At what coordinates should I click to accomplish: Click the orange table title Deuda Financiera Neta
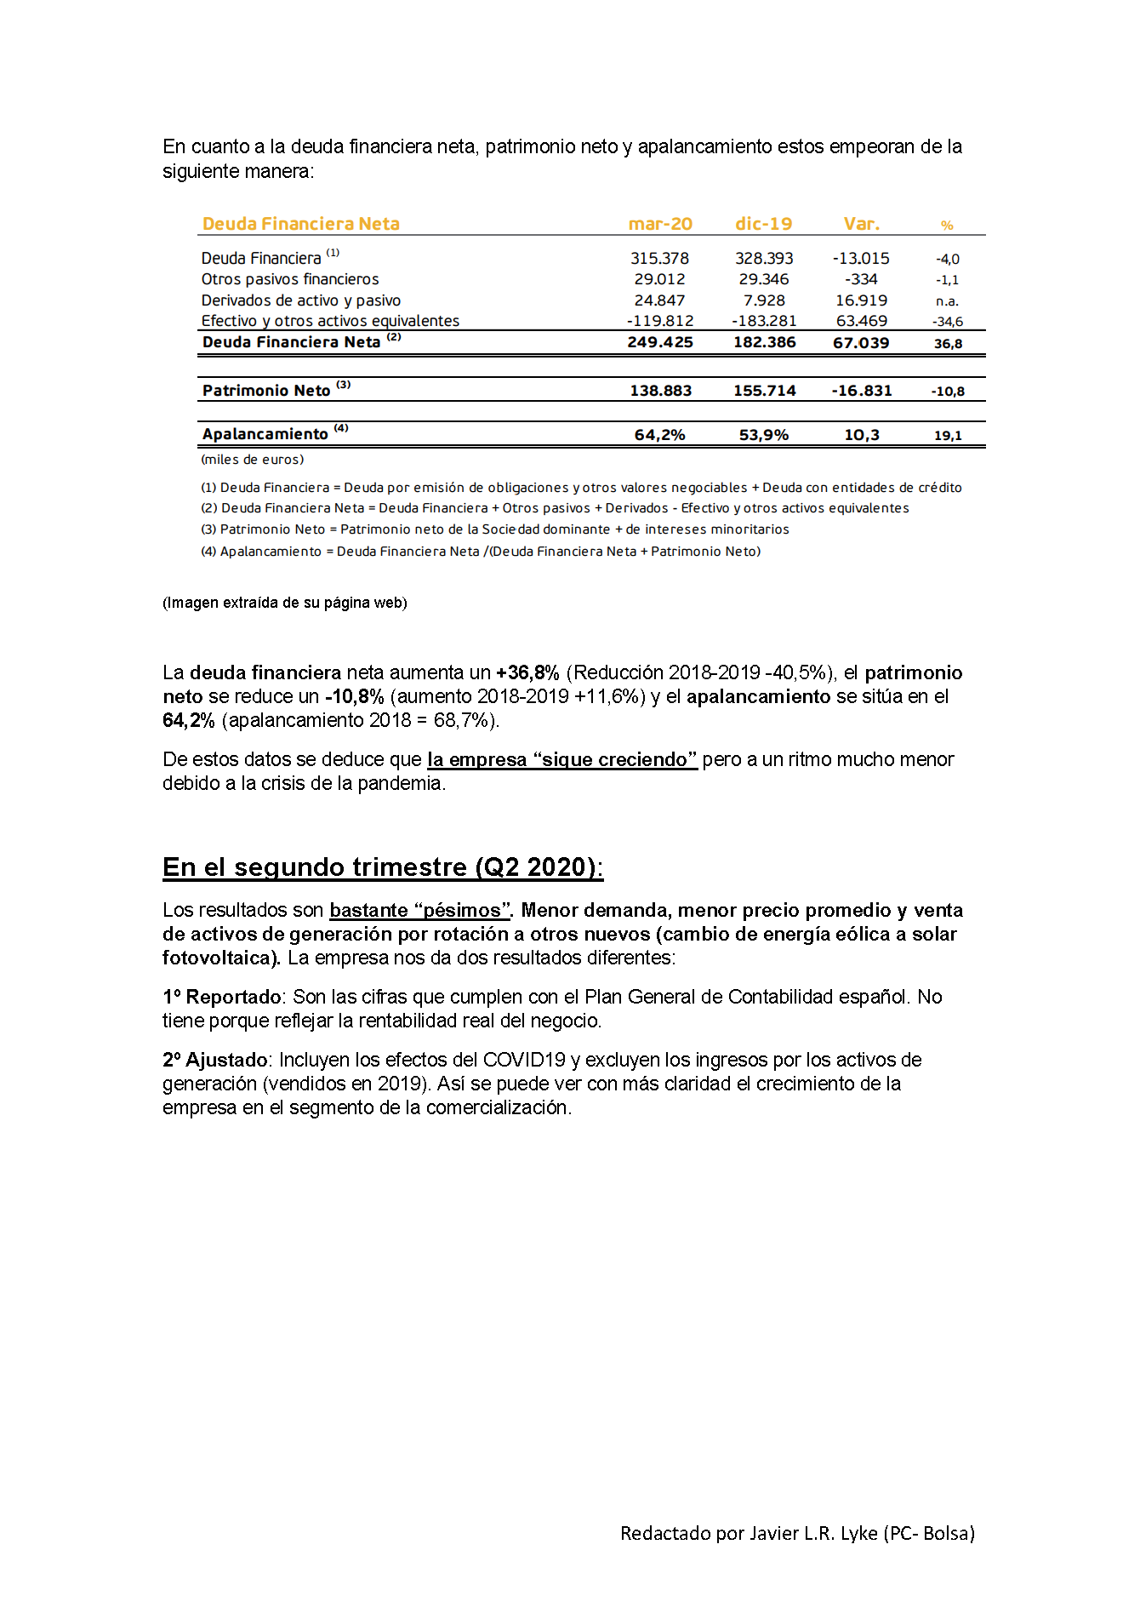300,224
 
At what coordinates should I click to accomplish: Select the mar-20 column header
660,224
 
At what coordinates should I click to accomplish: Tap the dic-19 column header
763,224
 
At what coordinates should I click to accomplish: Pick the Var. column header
861,224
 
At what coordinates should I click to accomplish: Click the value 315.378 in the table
659,258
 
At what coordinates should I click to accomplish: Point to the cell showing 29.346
763,279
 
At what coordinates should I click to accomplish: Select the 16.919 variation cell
861,300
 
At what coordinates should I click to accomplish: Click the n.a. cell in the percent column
947,301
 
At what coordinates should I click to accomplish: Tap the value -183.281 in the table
763,321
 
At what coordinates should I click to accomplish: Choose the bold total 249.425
660,342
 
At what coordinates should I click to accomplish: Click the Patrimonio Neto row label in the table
266,391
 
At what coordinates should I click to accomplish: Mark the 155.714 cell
764,391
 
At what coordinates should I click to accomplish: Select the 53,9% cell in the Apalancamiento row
763,435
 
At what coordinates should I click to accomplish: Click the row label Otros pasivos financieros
290,279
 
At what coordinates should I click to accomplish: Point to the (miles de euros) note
253,460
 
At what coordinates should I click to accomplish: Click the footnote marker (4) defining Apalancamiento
208,552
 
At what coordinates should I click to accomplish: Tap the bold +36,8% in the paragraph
527,672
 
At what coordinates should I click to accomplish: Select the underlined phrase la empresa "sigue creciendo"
561,759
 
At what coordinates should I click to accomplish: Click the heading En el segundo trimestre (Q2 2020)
383,867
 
